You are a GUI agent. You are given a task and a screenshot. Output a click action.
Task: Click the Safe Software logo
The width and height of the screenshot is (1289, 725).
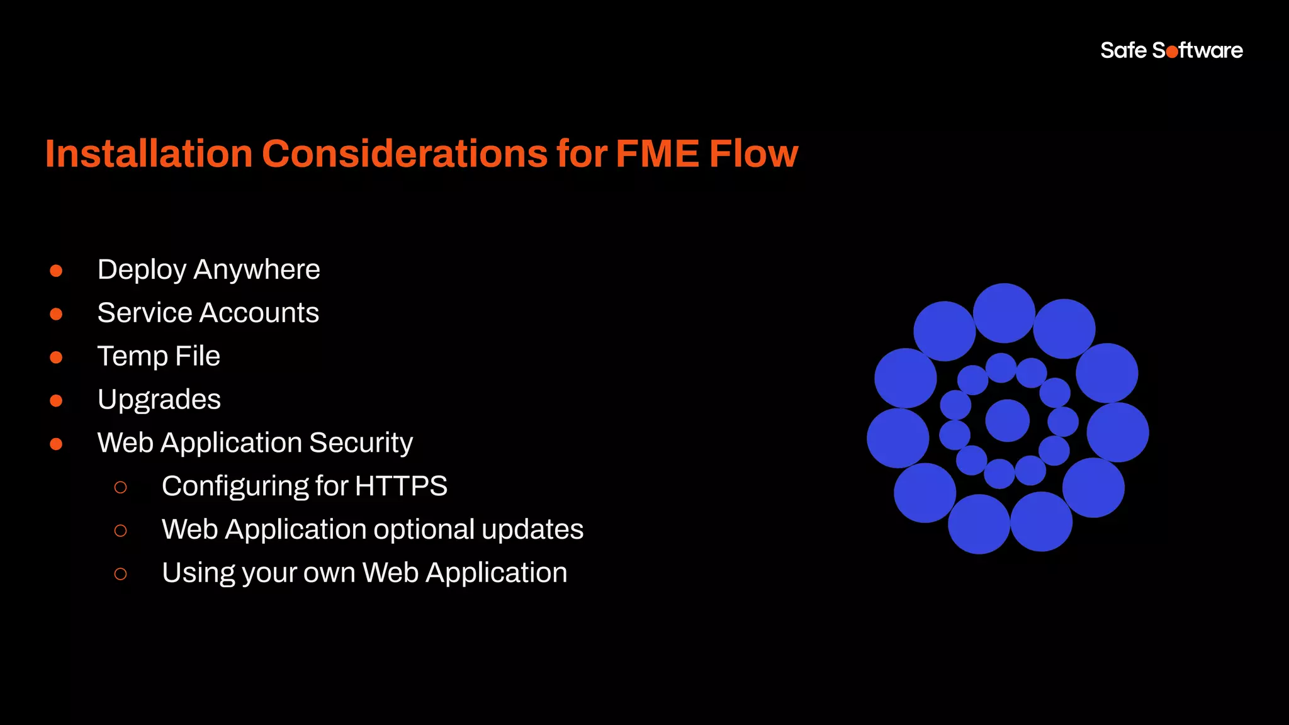click(1171, 50)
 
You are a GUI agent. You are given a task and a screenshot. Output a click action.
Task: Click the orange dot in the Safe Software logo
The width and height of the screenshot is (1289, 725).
click(1172, 52)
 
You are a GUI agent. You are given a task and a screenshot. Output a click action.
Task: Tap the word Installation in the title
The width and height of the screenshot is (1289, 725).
click(149, 154)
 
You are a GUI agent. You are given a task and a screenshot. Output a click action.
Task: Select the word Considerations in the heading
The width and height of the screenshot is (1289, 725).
click(405, 154)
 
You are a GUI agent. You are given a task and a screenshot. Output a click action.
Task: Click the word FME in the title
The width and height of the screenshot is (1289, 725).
click(657, 154)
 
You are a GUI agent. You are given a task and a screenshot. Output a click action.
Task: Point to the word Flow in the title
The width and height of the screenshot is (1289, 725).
click(753, 154)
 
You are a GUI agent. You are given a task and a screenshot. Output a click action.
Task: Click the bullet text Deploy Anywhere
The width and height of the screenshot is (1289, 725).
click(208, 270)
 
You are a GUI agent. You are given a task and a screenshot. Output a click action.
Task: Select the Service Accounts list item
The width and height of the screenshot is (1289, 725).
click(208, 313)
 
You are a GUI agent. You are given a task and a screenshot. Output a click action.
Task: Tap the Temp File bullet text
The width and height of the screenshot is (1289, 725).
click(159, 356)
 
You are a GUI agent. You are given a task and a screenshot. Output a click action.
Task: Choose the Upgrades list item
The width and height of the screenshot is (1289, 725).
click(159, 400)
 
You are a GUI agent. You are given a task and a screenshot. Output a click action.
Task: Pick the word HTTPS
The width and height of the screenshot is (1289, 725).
click(401, 486)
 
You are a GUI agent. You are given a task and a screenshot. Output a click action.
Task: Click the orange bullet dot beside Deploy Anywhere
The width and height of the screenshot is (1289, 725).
click(56, 271)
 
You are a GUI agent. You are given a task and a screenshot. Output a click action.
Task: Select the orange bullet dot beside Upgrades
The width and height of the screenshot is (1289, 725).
click(56, 401)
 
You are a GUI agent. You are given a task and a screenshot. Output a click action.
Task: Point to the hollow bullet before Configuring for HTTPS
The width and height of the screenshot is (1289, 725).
click(120, 487)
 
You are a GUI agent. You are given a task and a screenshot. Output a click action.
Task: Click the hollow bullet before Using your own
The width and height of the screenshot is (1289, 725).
click(120, 574)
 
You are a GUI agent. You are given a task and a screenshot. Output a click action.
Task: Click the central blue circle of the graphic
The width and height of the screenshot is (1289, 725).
click(1007, 420)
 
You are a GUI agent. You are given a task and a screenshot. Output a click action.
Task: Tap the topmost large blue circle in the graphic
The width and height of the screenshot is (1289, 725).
click(1004, 313)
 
